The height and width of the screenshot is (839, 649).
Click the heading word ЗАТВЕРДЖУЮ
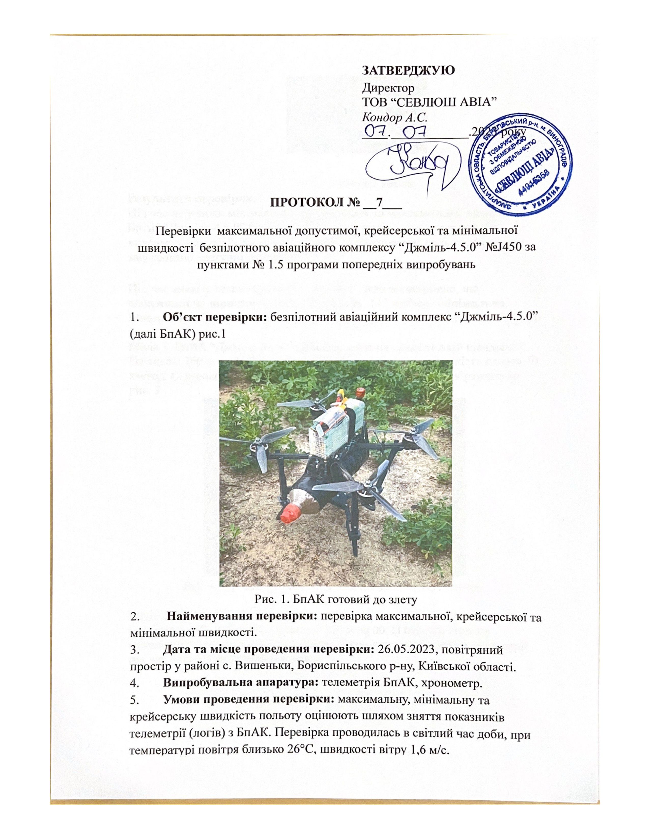[409, 70]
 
